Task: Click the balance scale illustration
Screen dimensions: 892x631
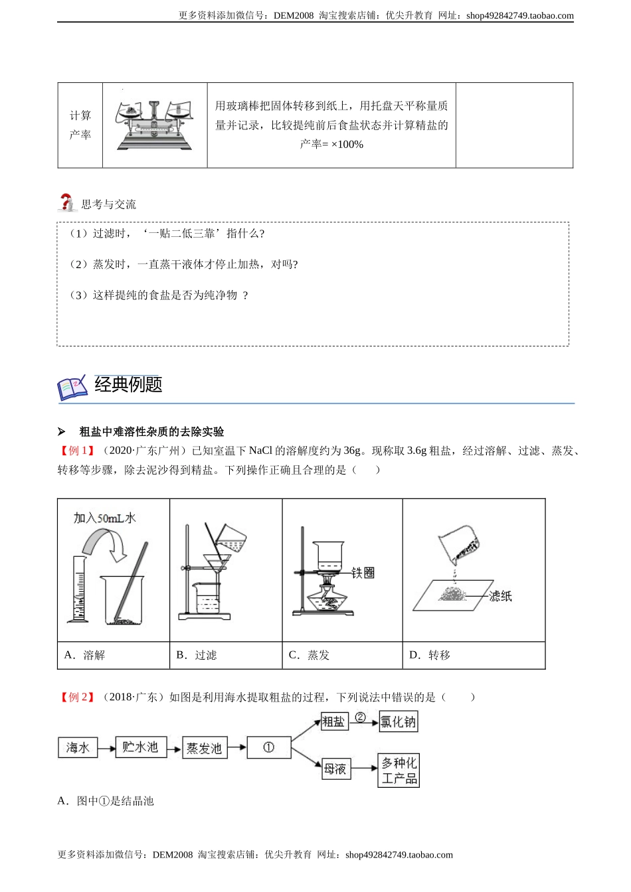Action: [155, 125]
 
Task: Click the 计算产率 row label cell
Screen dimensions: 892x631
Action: [80, 125]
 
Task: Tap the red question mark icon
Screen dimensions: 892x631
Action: [66, 202]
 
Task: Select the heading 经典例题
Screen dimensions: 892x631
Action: [128, 384]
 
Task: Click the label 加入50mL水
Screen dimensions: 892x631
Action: [104, 518]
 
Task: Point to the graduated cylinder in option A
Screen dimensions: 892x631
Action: [78, 589]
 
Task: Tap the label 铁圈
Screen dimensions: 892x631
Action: [363, 572]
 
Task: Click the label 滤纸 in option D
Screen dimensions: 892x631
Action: [500, 596]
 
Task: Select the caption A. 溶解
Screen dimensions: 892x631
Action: [84, 655]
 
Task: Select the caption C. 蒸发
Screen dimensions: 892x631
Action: [309, 655]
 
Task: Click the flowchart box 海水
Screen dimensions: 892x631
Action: [78, 748]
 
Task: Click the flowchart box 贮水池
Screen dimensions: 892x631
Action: [140, 747]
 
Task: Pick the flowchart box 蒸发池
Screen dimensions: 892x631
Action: [204, 748]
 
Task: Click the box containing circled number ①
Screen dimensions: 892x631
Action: [268, 748]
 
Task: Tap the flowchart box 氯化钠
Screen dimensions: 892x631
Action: [398, 722]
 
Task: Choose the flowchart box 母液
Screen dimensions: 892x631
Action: [335, 769]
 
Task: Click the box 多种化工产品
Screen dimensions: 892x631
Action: [399, 771]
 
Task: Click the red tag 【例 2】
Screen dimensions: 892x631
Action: [78, 697]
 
